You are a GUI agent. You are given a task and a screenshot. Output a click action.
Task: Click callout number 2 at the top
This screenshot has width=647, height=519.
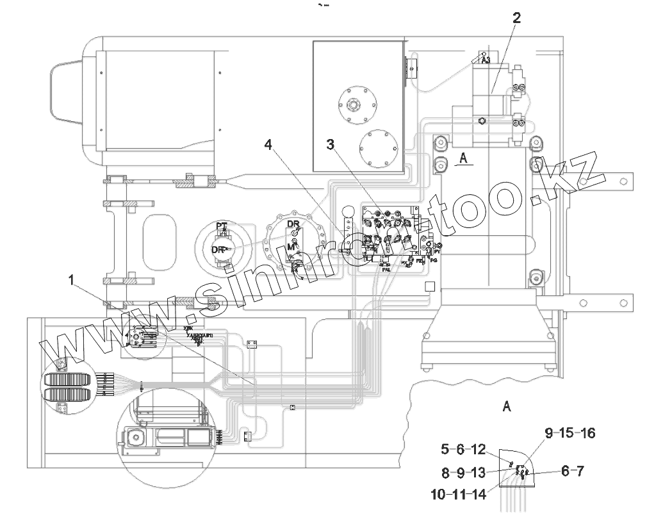pos(516,18)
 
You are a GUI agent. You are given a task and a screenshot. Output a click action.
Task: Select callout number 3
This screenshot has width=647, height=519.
pos(331,145)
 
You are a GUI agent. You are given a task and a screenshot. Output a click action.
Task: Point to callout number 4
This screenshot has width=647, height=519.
pos(270,145)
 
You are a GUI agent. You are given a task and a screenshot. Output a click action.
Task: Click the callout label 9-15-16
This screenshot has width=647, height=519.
pos(569,433)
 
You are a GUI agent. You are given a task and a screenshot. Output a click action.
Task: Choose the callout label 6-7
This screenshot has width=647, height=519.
pos(572,472)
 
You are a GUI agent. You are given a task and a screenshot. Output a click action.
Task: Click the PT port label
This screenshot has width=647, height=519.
pos(222,226)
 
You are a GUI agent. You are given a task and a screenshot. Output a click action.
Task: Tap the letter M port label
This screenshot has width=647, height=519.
pos(290,247)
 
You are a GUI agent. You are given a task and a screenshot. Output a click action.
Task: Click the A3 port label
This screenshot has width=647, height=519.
pos(485,60)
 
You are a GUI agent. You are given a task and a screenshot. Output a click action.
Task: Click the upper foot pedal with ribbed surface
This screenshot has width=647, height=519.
pos(67,378)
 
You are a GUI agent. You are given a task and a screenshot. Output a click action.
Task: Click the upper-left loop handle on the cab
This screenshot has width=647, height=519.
pos(65,90)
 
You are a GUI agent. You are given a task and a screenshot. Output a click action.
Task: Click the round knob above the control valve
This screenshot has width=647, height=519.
pos(348,211)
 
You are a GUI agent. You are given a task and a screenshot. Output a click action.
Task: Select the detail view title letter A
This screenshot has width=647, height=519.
pos(507,406)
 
